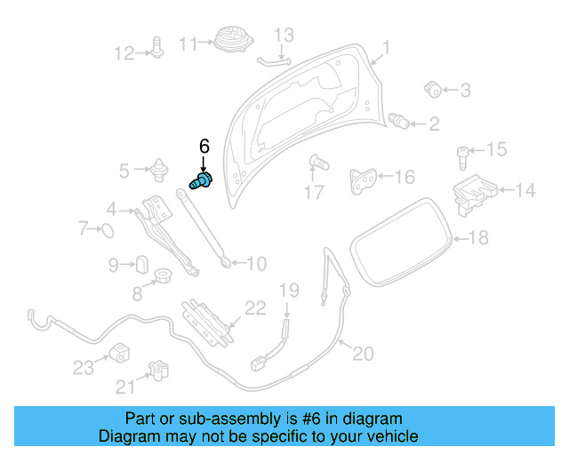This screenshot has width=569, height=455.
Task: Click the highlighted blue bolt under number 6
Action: (x=203, y=180)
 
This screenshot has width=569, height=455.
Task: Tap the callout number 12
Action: (x=124, y=53)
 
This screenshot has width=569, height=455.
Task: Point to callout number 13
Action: (x=283, y=36)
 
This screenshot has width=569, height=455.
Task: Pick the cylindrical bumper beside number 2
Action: (x=401, y=121)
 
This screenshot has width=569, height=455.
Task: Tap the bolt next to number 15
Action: (x=463, y=156)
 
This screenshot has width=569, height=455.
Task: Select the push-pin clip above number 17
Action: (x=317, y=162)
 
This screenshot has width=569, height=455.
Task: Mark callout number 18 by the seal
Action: (x=478, y=237)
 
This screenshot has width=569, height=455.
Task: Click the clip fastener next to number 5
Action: (x=160, y=168)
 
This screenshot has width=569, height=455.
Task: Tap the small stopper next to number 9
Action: (x=140, y=264)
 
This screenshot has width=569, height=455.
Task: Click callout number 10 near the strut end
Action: (x=255, y=264)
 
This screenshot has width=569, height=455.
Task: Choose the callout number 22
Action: (x=255, y=308)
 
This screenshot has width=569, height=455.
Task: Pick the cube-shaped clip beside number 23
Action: (x=120, y=353)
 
